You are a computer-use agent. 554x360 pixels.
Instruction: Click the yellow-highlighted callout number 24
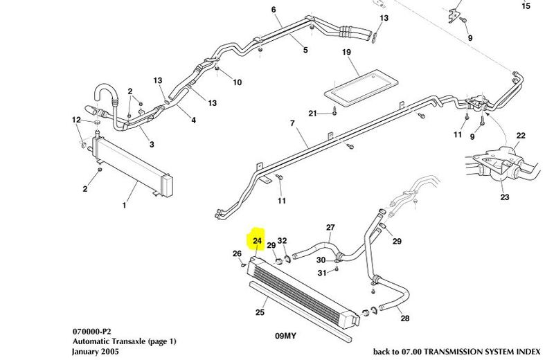pos(257,241)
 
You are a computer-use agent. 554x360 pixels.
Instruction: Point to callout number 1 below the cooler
pos(125,205)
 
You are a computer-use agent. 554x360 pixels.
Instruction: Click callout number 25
pos(260,312)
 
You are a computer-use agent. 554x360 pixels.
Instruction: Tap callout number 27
pos(330,227)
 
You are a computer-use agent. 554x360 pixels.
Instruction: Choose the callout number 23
pos(505,198)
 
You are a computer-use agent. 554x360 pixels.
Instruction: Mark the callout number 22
pos(521,135)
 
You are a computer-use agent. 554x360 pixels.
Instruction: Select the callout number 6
pos(274,10)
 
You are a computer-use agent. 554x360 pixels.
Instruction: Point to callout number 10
pos(237,82)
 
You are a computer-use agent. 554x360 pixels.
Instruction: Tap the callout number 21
pos(312,113)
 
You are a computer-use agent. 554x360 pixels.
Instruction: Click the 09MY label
pos(285,335)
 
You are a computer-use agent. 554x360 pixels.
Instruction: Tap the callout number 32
pos(283,241)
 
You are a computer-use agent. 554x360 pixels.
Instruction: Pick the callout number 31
pos(321,273)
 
